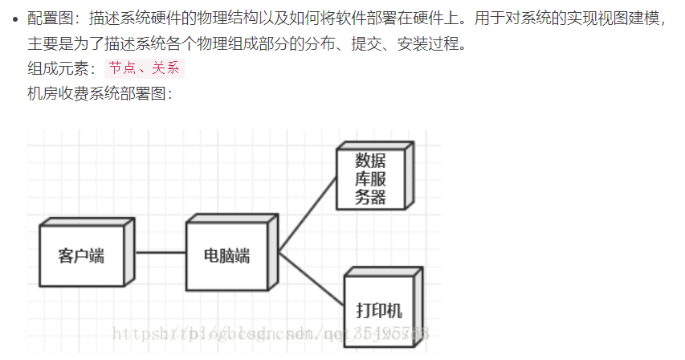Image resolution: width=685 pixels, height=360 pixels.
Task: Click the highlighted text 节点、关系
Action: pyautogui.click(x=145, y=68)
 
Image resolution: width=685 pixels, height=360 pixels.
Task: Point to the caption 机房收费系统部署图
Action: pyautogui.click(x=96, y=93)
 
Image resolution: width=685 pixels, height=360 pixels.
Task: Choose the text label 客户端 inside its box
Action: pyautogui.click(x=82, y=256)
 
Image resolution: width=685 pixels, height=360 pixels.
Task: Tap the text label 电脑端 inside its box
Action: pyautogui.click(x=227, y=256)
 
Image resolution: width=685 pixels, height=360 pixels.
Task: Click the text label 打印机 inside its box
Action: pyautogui.click(x=379, y=310)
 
